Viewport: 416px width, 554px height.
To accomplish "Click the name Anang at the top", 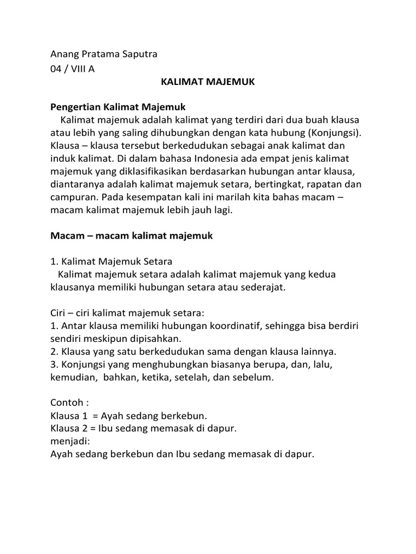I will (x=64, y=54).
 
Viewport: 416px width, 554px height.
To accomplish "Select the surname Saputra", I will (x=138, y=54).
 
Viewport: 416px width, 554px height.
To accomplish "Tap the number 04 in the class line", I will (x=56, y=69).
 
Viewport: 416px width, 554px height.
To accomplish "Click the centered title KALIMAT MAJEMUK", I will (x=208, y=83).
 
